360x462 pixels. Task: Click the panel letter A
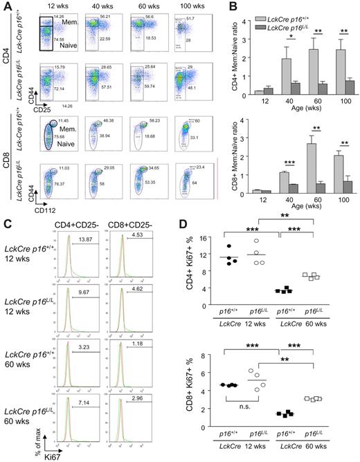click(x=6, y=6)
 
